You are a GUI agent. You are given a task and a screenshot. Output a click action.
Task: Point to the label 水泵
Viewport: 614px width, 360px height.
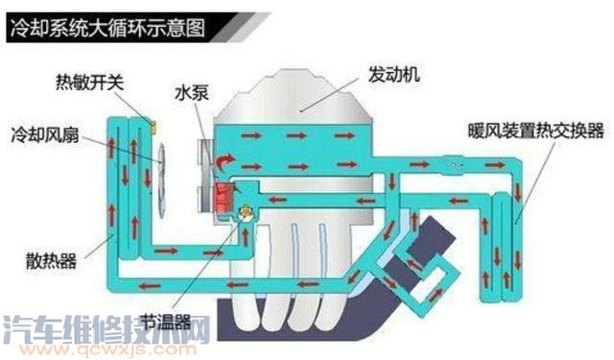(189, 95)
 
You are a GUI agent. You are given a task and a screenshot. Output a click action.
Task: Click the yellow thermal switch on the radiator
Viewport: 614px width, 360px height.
(152, 126)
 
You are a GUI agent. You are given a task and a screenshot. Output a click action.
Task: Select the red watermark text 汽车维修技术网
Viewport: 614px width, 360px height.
(106, 331)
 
